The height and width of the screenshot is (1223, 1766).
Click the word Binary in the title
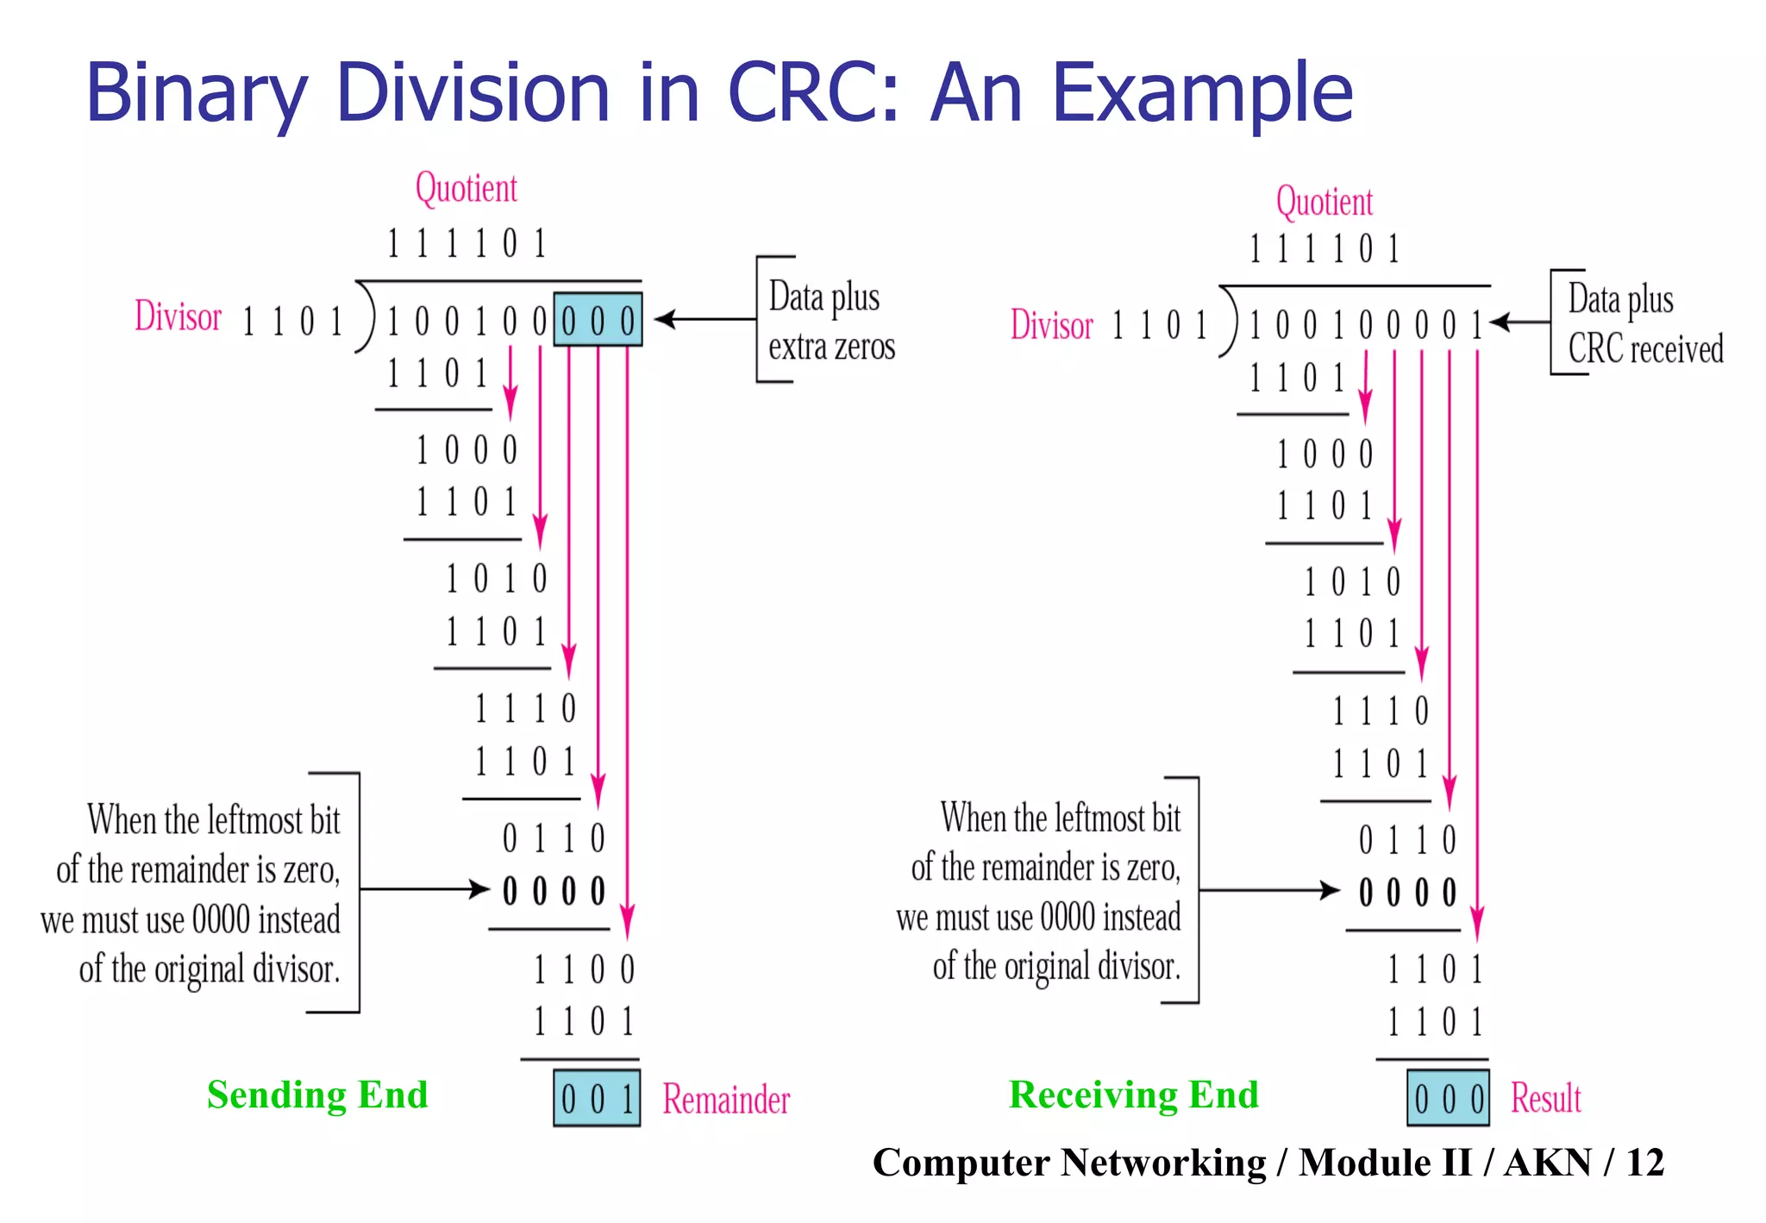196,93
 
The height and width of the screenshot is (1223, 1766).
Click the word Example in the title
1202,93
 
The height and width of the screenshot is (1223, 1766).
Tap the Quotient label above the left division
466,188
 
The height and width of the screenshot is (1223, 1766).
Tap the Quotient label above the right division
1324,202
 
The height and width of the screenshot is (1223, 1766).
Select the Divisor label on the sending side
178,317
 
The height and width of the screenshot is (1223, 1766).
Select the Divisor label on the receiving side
1051,325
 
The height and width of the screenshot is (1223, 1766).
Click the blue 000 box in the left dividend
598,321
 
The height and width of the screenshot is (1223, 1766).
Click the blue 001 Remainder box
597,1098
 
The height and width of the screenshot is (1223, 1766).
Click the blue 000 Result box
1449,1098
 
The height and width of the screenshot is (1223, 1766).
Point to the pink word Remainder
726,1100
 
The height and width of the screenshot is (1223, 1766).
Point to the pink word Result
1545,1099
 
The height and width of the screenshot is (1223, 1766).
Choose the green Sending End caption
317,1094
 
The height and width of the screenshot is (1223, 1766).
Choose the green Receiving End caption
1133,1094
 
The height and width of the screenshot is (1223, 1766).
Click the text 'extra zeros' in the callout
831,348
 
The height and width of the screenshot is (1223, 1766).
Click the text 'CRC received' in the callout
1645,349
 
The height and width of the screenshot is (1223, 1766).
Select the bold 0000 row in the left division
554,891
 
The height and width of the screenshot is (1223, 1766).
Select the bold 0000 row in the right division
1407,893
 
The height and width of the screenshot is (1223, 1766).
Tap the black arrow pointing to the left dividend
703,319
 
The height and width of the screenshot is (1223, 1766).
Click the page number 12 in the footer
1644,1163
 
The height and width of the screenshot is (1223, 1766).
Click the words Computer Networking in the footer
1069,1163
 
